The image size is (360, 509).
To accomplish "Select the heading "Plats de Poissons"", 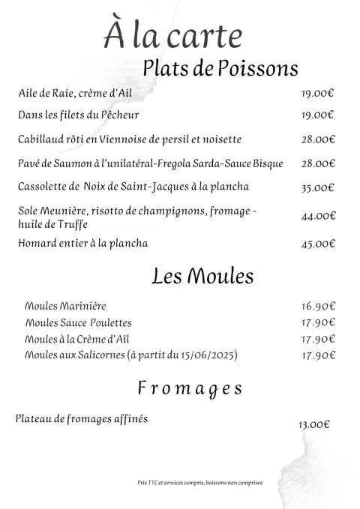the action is click(x=220, y=68).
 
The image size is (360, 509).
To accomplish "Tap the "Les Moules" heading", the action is click(x=202, y=277).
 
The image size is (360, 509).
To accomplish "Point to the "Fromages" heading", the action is click(x=190, y=388).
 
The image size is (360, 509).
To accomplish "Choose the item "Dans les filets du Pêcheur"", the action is click(x=79, y=115).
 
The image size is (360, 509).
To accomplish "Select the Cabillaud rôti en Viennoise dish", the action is click(x=130, y=139).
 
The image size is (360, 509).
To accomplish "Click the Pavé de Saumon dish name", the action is click(x=151, y=163).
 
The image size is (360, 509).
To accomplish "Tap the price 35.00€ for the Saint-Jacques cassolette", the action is click(x=318, y=188).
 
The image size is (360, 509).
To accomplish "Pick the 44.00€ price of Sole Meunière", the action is click(x=318, y=216).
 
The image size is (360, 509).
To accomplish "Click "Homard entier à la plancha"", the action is click(x=83, y=243).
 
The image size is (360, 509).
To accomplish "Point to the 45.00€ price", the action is click(x=318, y=244).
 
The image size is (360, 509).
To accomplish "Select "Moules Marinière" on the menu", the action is click(x=65, y=306).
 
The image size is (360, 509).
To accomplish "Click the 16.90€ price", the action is click(x=318, y=307).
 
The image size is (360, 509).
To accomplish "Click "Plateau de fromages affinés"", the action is click(x=82, y=418).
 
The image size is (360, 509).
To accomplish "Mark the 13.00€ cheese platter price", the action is click(x=313, y=424).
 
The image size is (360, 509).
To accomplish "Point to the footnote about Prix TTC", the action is click(x=199, y=483).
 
